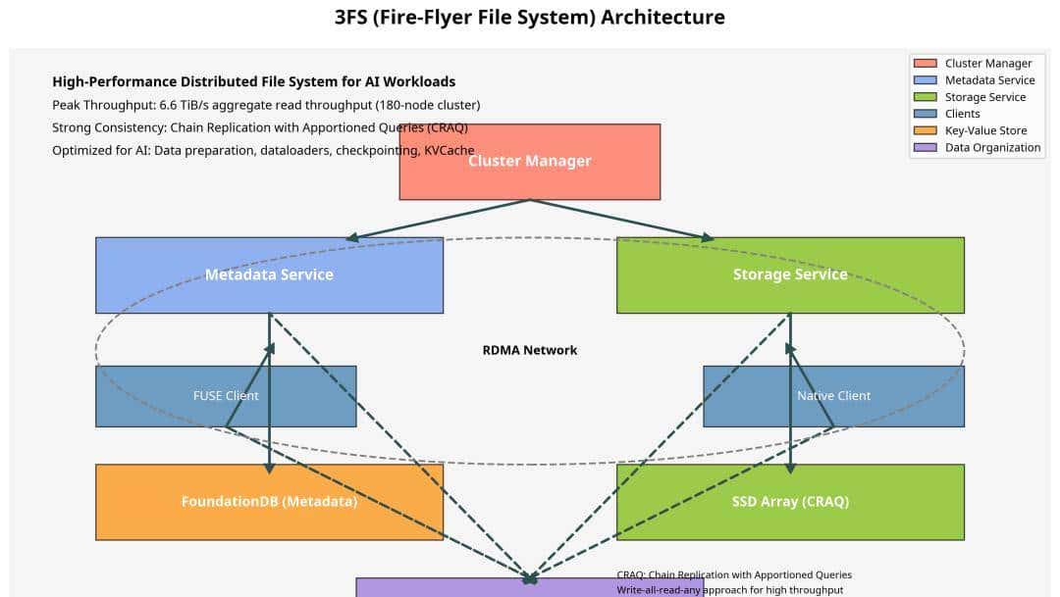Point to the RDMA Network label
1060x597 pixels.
coord(530,350)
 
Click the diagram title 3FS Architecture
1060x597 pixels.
coord(530,17)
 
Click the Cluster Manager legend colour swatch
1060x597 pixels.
coord(925,64)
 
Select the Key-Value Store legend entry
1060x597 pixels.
coord(985,130)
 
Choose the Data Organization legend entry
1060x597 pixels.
coord(992,147)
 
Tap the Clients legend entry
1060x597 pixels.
coord(962,114)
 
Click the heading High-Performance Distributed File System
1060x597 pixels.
coord(253,81)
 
